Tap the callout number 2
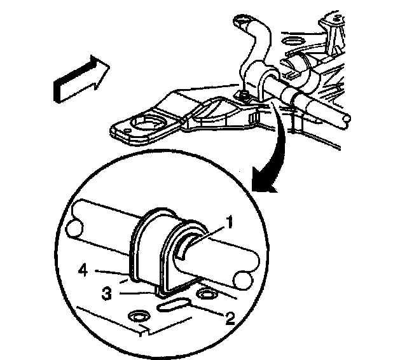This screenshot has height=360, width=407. (230, 318)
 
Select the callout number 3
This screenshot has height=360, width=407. (107, 294)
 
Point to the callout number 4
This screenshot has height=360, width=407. (83, 271)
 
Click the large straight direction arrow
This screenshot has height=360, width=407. (81, 79)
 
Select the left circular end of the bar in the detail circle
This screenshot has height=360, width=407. (75, 228)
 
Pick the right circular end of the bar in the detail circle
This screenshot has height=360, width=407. (243, 280)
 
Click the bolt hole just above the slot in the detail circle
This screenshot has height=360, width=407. (206, 294)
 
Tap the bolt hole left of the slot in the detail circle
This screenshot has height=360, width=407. (139, 316)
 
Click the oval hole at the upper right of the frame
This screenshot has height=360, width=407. (293, 41)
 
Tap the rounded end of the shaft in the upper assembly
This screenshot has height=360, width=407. (347, 119)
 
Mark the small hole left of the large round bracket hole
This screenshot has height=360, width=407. (127, 129)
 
